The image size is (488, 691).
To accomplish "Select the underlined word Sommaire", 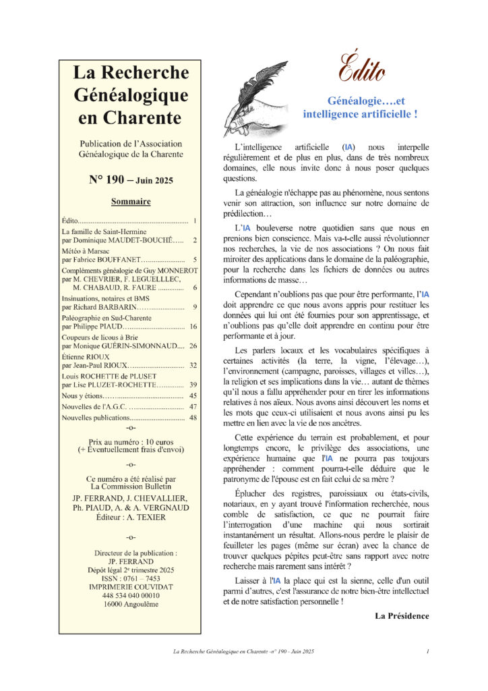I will point(130,201).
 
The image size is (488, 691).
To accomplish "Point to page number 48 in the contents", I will point(193,418).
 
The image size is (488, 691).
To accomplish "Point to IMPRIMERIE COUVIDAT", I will point(130,587).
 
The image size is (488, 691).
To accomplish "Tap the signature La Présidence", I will point(402,615).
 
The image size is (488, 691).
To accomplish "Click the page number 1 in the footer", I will point(428,651).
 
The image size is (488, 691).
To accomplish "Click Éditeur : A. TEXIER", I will point(130,518).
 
